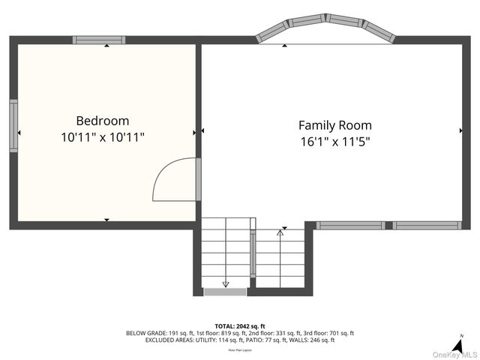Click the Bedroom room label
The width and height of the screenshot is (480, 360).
click(x=102, y=121)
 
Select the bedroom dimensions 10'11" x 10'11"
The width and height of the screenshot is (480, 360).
click(x=102, y=137)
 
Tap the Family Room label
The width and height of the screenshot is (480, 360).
click(x=334, y=126)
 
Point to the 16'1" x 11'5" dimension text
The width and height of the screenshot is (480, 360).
click(x=334, y=141)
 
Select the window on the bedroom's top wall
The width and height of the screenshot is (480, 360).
click(x=99, y=40)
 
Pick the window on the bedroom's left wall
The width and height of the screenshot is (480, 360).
click(x=13, y=126)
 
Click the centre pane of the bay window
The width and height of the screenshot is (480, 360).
click(x=326, y=20)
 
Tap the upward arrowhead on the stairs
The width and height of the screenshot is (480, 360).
click(x=280, y=233)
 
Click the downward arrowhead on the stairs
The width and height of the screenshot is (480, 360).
click(x=226, y=283)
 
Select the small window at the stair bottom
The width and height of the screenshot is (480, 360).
click(x=225, y=291)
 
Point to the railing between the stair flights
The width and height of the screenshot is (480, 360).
click(x=253, y=255)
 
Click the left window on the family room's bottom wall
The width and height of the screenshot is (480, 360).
click(x=349, y=225)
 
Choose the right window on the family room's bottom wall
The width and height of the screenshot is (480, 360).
click(x=427, y=225)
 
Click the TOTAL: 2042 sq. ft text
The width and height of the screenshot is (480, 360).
click(x=240, y=326)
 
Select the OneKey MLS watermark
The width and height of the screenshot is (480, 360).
click(x=454, y=354)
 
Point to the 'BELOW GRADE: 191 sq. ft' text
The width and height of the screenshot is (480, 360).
click(x=159, y=333)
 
